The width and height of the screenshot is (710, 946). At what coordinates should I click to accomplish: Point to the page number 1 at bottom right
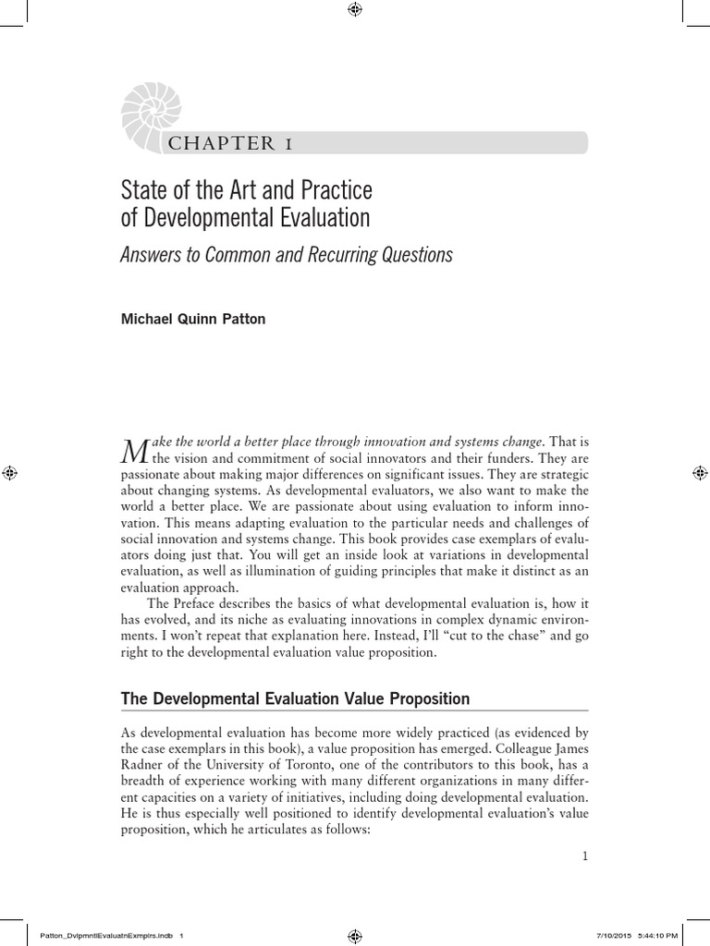pyautogui.click(x=585, y=856)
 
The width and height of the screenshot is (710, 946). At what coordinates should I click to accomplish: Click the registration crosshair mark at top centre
pyautogui.click(x=355, y=10)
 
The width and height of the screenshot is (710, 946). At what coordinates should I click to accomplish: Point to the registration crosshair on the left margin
pyautogui.click(x=10, y=473)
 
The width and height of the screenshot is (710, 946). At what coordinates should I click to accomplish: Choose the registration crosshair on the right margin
pyautogui.click(x=700, y=473)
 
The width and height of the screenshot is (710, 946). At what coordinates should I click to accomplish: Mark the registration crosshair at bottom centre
pyautogui.click(x=355, y=935)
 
